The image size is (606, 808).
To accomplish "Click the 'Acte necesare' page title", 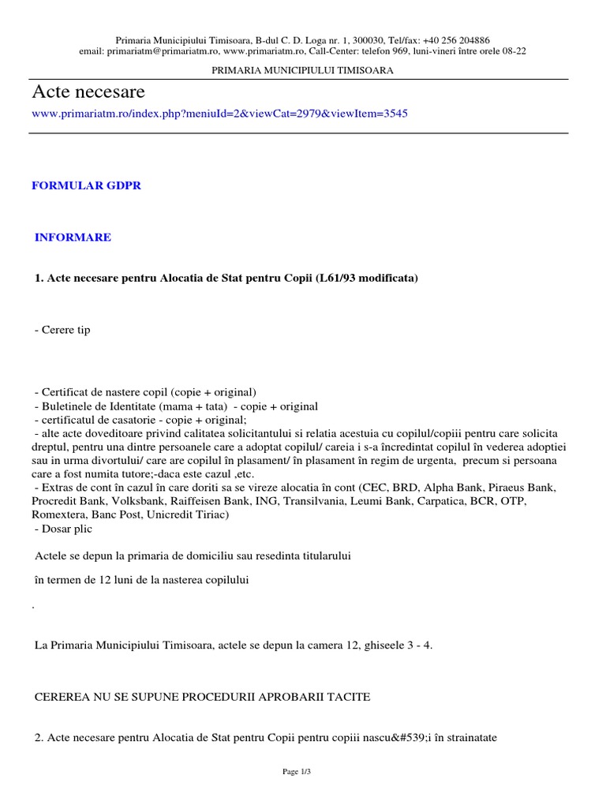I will point(88,92).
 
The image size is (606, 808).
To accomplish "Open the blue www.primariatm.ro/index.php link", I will point(219,114).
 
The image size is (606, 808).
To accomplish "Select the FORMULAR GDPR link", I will point(86,185).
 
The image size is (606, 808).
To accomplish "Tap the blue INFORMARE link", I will point(73,238).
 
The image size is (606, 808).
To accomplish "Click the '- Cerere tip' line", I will point(62,330).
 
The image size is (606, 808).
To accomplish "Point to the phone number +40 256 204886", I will point(456,39).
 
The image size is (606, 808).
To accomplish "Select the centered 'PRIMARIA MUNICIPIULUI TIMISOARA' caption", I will point(304,70).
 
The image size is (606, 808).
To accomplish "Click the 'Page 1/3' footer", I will point(303,771).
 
